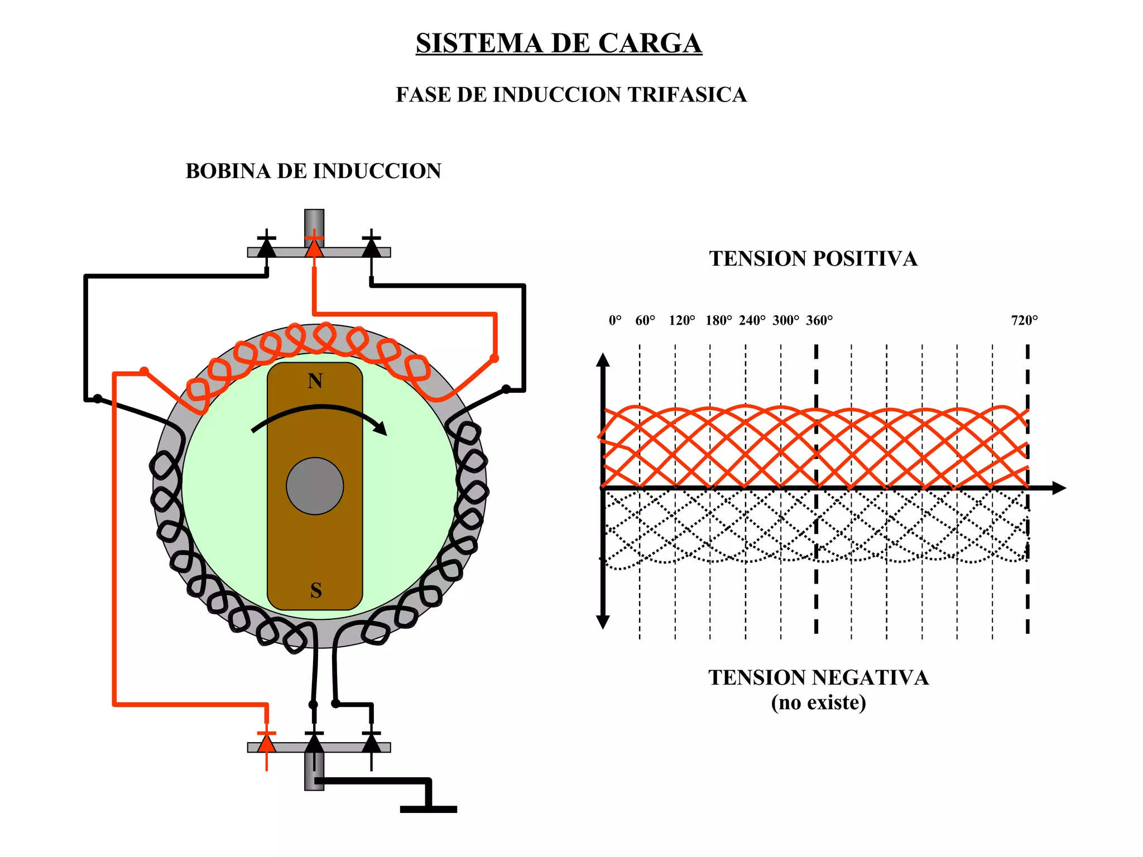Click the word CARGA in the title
(649, 44)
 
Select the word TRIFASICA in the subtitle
(686, 95)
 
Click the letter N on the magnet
(315, 381)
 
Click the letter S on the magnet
(316, 590)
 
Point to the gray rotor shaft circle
(315, 486)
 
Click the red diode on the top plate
(314, 247)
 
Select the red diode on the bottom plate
(267, 743)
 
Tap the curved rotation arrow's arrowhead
(381, 428)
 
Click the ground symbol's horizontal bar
(428, 809)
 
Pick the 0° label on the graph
(614, 320)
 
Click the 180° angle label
(718, 320)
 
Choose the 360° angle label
(819, 320)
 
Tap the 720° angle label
(1024, 320)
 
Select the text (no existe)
(818, 702)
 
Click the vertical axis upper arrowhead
(603, 360)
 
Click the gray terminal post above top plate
(314, 222)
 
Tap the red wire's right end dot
(494, 358)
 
